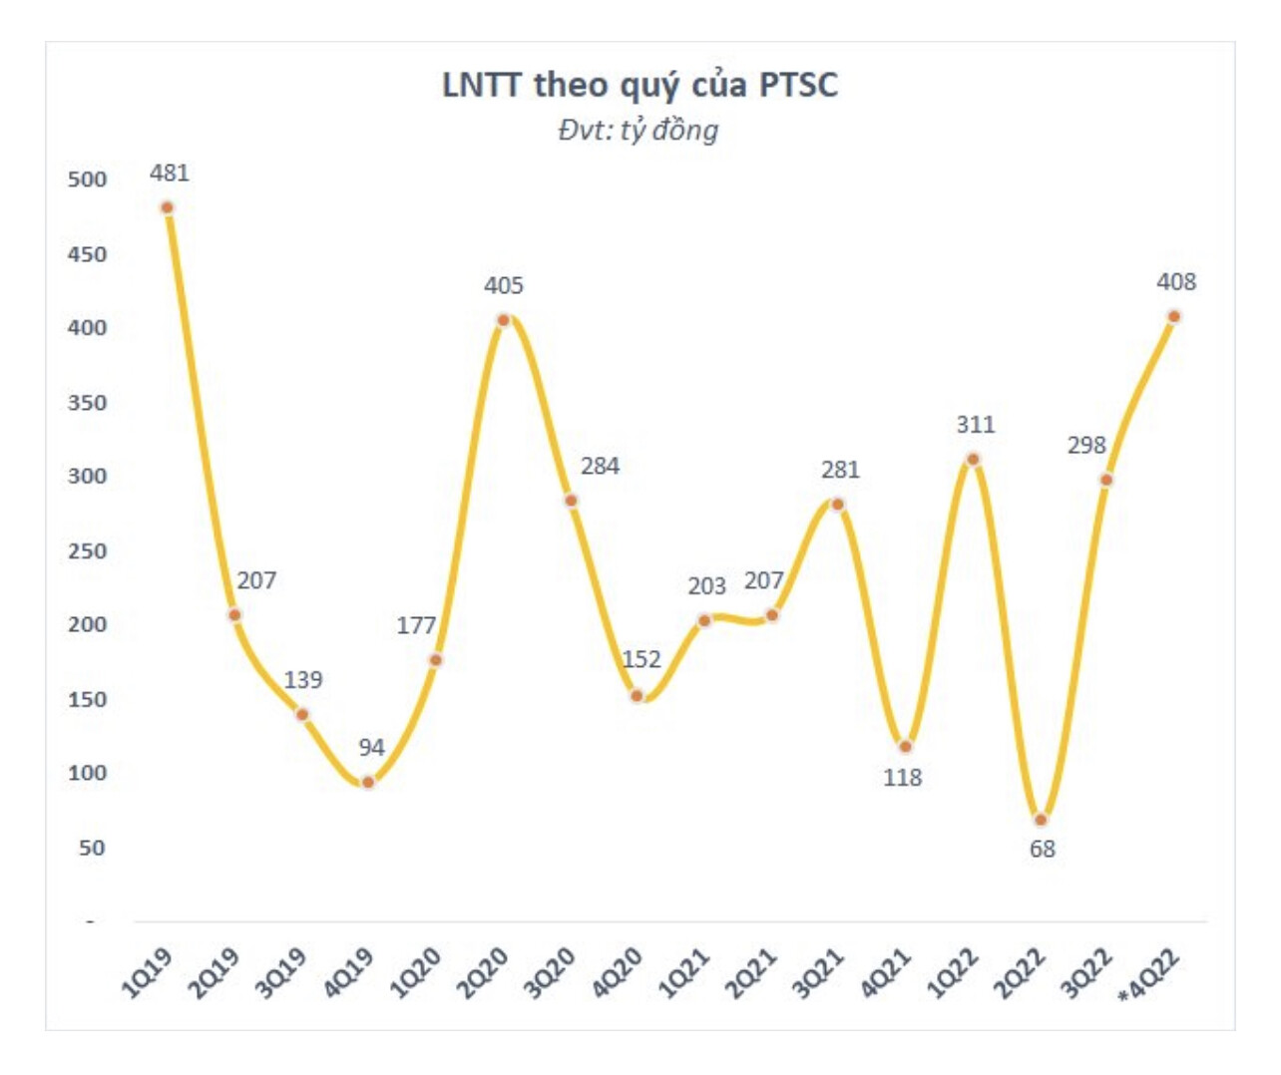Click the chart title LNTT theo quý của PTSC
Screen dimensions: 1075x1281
640,86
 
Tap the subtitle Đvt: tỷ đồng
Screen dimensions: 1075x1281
639,131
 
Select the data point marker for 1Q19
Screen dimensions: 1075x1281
168,207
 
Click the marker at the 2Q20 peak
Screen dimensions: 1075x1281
504,320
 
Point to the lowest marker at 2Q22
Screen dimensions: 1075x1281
1041,820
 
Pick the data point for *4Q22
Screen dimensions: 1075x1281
1174,317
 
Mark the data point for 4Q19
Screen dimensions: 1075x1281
368,782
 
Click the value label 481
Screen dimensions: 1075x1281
170,174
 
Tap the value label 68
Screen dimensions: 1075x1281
1042,850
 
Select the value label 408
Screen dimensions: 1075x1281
1176,282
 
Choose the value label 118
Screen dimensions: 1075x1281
902,778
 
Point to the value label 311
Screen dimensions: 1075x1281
976,425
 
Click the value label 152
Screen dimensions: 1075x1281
641,659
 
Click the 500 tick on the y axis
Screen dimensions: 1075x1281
87,179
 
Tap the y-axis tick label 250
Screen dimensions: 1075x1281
87,551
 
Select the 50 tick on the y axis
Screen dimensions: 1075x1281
92,848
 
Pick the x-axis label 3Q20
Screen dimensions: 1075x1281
551,972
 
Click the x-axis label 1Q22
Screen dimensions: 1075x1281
954,972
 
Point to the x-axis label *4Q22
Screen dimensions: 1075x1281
1150,975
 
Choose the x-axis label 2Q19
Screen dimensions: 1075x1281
215,972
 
